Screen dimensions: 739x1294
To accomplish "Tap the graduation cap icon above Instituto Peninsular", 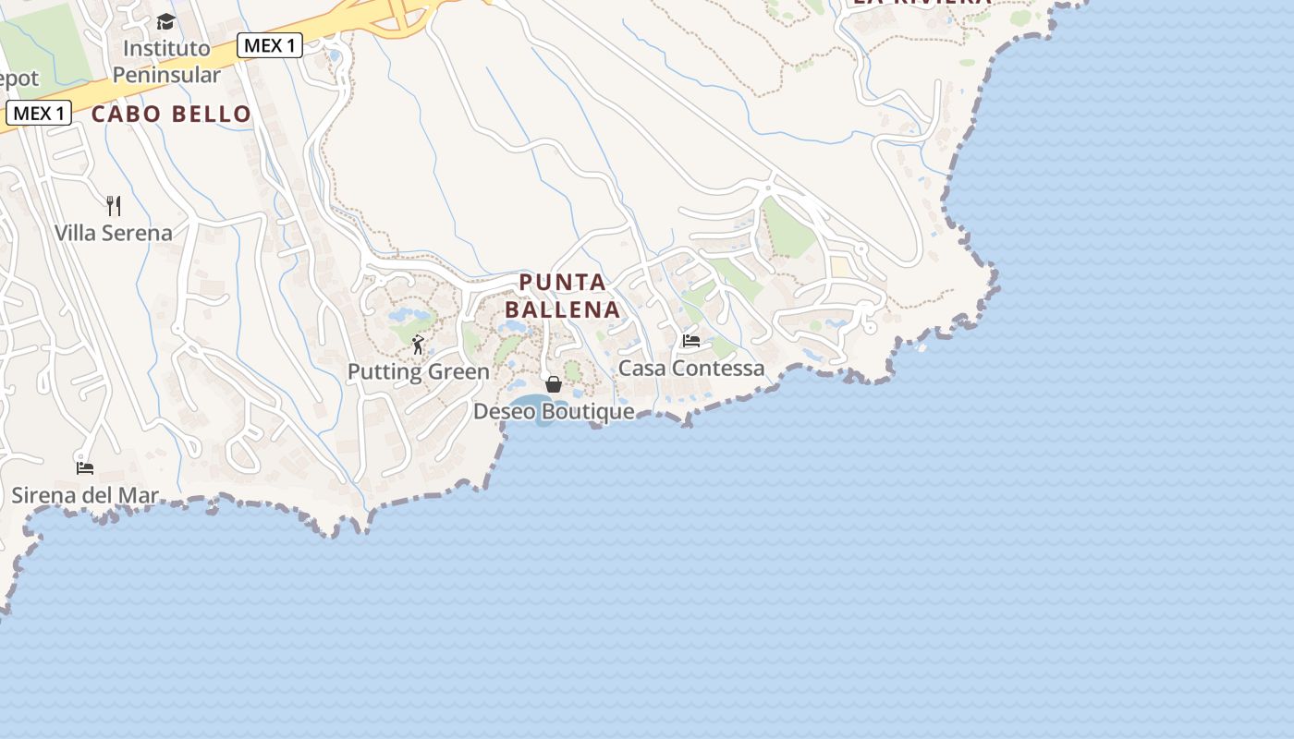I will [165, 21].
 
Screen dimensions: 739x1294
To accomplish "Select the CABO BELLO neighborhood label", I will [171, 114].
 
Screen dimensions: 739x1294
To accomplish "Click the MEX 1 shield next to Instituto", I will [270, 44].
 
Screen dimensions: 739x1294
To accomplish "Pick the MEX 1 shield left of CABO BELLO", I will [39, 114].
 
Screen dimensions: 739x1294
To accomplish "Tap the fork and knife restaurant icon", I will [114, 205].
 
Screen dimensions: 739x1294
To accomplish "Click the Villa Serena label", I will [114, 233].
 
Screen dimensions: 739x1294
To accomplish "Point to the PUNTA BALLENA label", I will [562, 296].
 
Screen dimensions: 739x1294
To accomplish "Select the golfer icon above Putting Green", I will [418, 345].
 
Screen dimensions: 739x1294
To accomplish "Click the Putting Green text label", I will [418, 371].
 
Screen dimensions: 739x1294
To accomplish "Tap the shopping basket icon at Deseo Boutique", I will [554, 384].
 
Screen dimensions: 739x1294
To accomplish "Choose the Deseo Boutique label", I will [554, 411].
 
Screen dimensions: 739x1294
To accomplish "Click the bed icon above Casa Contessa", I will [690, 341].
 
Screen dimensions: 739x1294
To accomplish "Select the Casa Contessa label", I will [691, 368].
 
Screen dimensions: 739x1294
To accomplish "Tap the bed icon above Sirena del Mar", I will [85, 467].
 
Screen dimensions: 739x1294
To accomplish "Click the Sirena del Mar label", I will [85, 495].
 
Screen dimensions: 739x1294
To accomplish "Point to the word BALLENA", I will [562, 309].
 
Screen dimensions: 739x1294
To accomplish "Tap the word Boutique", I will [588, 411].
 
